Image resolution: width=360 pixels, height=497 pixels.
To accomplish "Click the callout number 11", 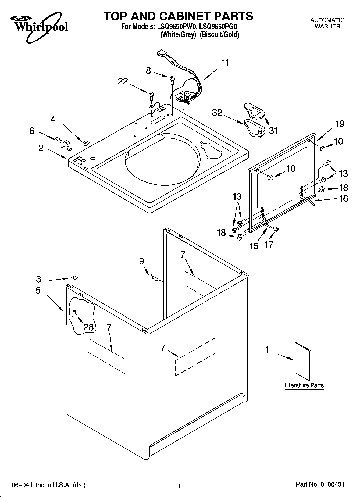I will tap(225, 63).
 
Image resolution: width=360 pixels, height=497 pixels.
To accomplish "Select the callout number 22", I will tap(123, 81).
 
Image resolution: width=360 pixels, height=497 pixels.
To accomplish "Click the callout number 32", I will tap(217, 112).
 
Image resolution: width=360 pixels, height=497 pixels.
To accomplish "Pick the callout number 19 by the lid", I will tap(340, 124).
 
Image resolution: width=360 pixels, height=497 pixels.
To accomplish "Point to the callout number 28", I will tap(88, 327).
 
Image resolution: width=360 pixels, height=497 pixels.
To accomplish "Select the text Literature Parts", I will tap(304, 385).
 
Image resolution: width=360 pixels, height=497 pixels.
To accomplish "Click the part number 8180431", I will tap(332, 484).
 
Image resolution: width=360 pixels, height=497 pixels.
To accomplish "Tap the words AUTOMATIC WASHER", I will tap(327, 23).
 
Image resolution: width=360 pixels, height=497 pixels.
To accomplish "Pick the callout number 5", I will tap(38, 291).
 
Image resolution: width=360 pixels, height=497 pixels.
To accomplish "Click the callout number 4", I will tap(53, 119).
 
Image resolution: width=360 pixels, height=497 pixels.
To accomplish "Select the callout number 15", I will tap(254, 246).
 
